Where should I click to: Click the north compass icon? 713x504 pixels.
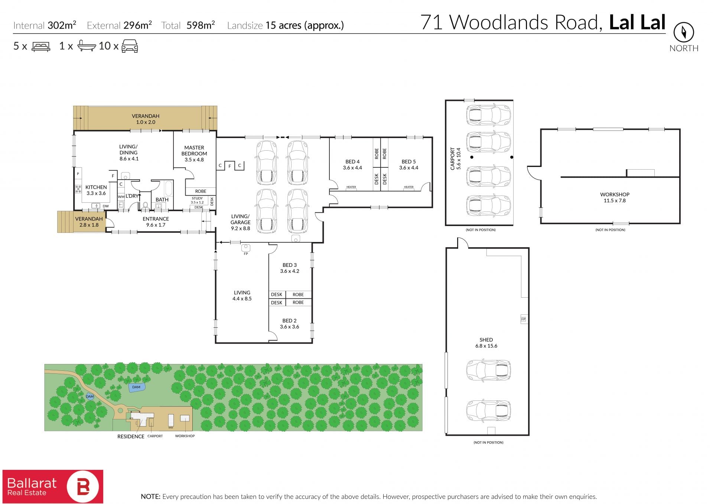pos(684,32)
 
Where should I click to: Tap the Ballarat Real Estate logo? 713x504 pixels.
pos(53,487)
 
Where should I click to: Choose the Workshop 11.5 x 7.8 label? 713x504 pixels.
pos(615,197)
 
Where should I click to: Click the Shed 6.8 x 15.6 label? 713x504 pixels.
pos(486,343)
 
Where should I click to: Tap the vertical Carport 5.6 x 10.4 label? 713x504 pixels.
pos(455,159)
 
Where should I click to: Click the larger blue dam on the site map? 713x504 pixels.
pos(136,387)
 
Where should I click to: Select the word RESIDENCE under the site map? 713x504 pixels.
pos(131,436)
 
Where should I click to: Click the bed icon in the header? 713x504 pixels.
pos(41,46)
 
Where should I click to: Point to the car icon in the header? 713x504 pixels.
pos(130,46)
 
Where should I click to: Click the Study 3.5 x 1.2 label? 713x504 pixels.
pos(197,200)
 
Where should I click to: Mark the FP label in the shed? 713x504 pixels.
pos(523,319)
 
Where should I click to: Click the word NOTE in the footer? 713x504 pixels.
pos(150,497)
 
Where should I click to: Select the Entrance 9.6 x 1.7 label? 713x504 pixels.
pos(156,222)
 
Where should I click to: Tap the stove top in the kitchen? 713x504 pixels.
pos(78,189)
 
